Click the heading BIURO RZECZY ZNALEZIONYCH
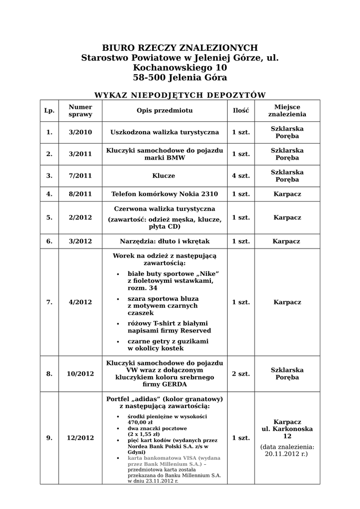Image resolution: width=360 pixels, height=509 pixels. click(180, 48)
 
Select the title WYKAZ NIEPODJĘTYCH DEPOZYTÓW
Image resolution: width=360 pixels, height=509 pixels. click(180, 95)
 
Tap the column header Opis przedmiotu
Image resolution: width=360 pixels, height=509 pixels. click(165, 110)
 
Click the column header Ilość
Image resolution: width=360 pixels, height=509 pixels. click(241, 110)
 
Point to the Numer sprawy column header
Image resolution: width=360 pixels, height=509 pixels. click(81, 110)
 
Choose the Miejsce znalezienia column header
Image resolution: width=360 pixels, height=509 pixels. click(287, 110)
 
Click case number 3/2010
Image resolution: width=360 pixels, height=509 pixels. click(81, 132)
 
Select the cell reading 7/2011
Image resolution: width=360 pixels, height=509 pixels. click(81, 176)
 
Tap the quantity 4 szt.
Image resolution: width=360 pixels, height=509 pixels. click(241, 176)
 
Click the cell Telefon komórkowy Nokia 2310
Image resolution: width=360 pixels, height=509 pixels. click(165, 194)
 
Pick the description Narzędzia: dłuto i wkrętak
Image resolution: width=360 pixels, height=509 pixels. click(165, 241)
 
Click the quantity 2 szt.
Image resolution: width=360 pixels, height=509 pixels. click(241, 374)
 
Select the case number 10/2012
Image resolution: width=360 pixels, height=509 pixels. click(81, 374)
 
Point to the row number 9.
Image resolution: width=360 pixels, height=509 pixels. click(49, 438)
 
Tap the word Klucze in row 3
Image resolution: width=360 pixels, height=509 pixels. click(165, 176)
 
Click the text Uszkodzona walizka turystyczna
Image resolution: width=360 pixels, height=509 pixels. click(165, 132)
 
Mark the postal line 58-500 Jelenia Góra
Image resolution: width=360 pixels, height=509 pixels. click(180, 78)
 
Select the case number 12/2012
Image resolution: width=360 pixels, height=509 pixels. click(81, 438)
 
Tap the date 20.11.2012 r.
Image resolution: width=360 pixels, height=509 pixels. click(286, 454)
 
